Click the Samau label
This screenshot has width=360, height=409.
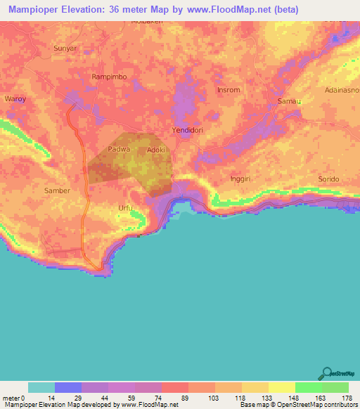click(289, 102)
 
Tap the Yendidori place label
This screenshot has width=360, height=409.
click(188, 131)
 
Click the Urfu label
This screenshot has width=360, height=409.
click(124, 208)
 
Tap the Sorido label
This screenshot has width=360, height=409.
click(328, 179)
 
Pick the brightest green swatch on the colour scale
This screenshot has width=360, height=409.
click(309, 387)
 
